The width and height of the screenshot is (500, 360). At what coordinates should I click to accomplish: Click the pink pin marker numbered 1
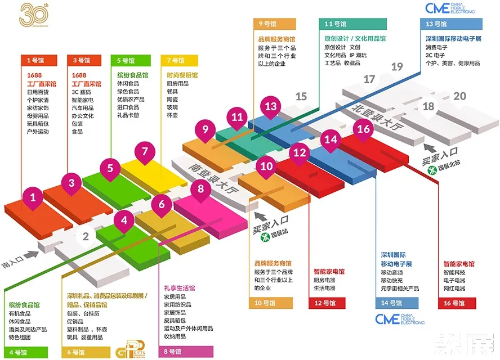coord(33,198)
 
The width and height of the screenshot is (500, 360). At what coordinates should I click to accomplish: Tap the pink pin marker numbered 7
coord(145,152)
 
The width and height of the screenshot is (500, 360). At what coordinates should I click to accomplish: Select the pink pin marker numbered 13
coord(271,107)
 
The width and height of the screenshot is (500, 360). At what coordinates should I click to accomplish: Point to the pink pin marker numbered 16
coord(364,129)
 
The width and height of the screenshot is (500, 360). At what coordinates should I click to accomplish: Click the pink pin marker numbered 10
coord(266,166)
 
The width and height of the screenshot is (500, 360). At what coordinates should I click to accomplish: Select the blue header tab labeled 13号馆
coord(451,24)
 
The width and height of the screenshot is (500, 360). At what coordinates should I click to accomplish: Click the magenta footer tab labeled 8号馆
coord(186,352)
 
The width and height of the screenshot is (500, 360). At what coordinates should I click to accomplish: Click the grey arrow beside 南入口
coord(33,255)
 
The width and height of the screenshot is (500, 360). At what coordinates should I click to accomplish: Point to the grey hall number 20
coord(459,96)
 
